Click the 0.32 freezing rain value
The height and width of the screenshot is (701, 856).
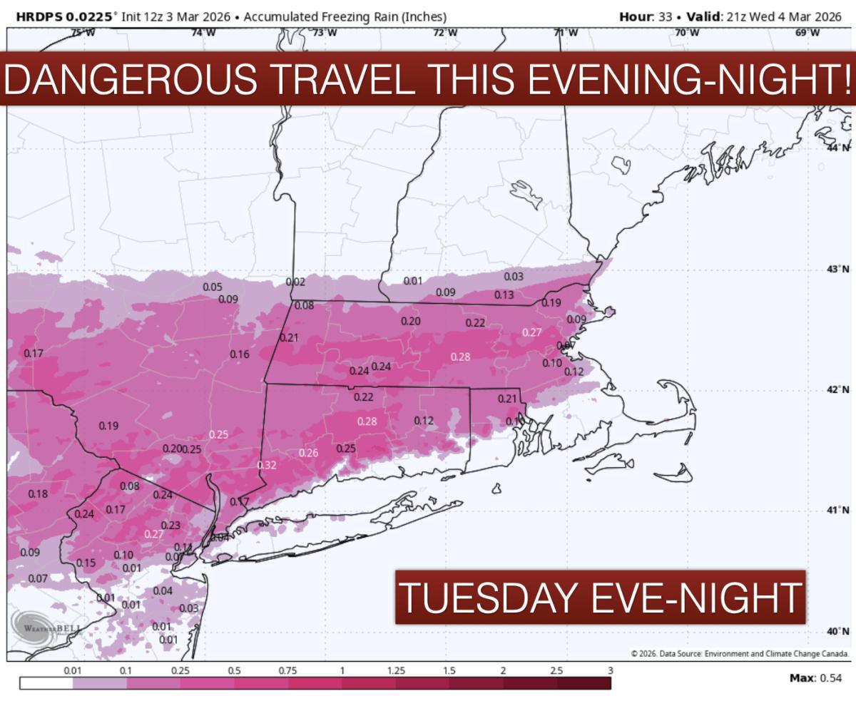[x=266, y=466]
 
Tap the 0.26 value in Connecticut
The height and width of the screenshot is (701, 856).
[x=308, y=453]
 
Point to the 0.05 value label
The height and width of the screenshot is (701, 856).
[x=213, y=287]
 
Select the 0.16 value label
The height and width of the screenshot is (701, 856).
[x=240, y=354]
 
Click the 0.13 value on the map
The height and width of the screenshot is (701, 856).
[x=504, y=295]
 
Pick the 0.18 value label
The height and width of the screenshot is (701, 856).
[x=38, y=494]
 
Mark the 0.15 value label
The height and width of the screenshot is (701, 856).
[x=86, y=563]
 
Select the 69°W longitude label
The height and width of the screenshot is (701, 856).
[x=807, y=33]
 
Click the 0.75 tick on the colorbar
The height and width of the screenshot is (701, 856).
[x=288, y=671]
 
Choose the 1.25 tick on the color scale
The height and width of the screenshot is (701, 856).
[x=396, y=671]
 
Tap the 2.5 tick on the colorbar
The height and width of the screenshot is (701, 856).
[x=556, y=671]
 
